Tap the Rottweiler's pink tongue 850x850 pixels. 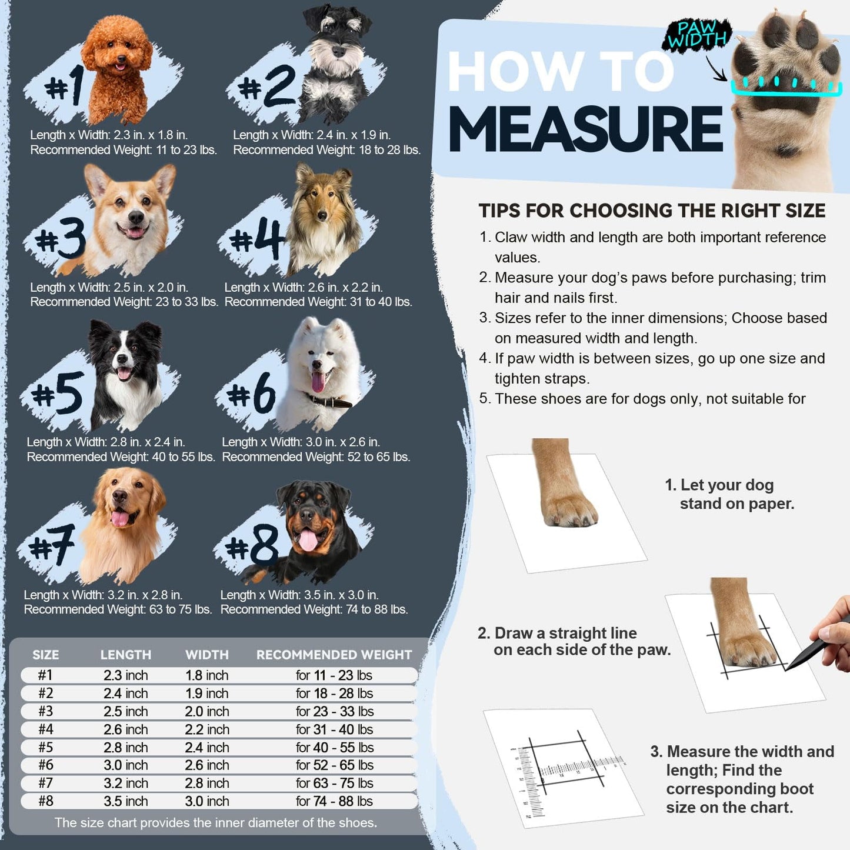click(308, 540)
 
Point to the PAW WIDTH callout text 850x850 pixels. click(697, 34)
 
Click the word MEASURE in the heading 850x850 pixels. click(586, 130)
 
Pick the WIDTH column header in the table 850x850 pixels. click(207, 655)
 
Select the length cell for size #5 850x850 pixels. click(126, 748)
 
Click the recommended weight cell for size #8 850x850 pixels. click(334, 801)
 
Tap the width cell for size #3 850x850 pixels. click(207, 711)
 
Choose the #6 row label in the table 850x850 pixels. click(46, 765)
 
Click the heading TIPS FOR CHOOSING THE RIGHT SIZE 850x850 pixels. click(652, 211)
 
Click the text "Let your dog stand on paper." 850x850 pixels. click(729, 494)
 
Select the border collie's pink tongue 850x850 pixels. click(124, 373)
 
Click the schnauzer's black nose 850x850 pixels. click(339, 51)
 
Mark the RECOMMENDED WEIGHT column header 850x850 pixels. click(334, 655)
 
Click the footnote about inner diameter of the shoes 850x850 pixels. click(216, 822)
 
